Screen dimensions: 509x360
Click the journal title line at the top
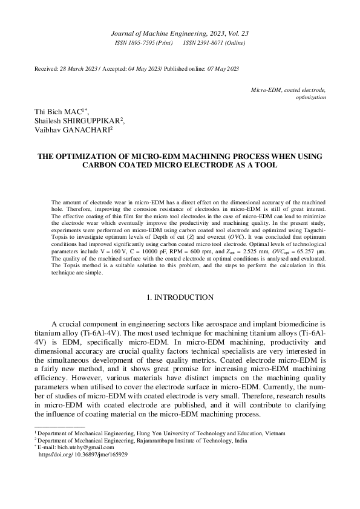click(180, 35)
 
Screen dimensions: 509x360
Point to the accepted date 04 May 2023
click(143, 70)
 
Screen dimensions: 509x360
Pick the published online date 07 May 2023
click(217, 70)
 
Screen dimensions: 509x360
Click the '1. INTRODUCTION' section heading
click(180, 297)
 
